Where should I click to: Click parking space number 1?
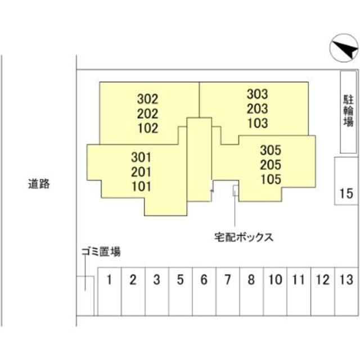110,279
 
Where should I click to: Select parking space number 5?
180,279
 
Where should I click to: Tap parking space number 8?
251,279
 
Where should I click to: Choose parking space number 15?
345,194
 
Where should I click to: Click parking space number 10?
275,279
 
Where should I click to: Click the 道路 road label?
39,183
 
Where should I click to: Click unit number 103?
257,123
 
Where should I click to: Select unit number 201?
141,171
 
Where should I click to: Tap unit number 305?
270,151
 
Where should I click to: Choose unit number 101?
141,185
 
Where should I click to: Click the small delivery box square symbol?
236,191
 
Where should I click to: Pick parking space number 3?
157,279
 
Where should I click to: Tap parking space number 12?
322,279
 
